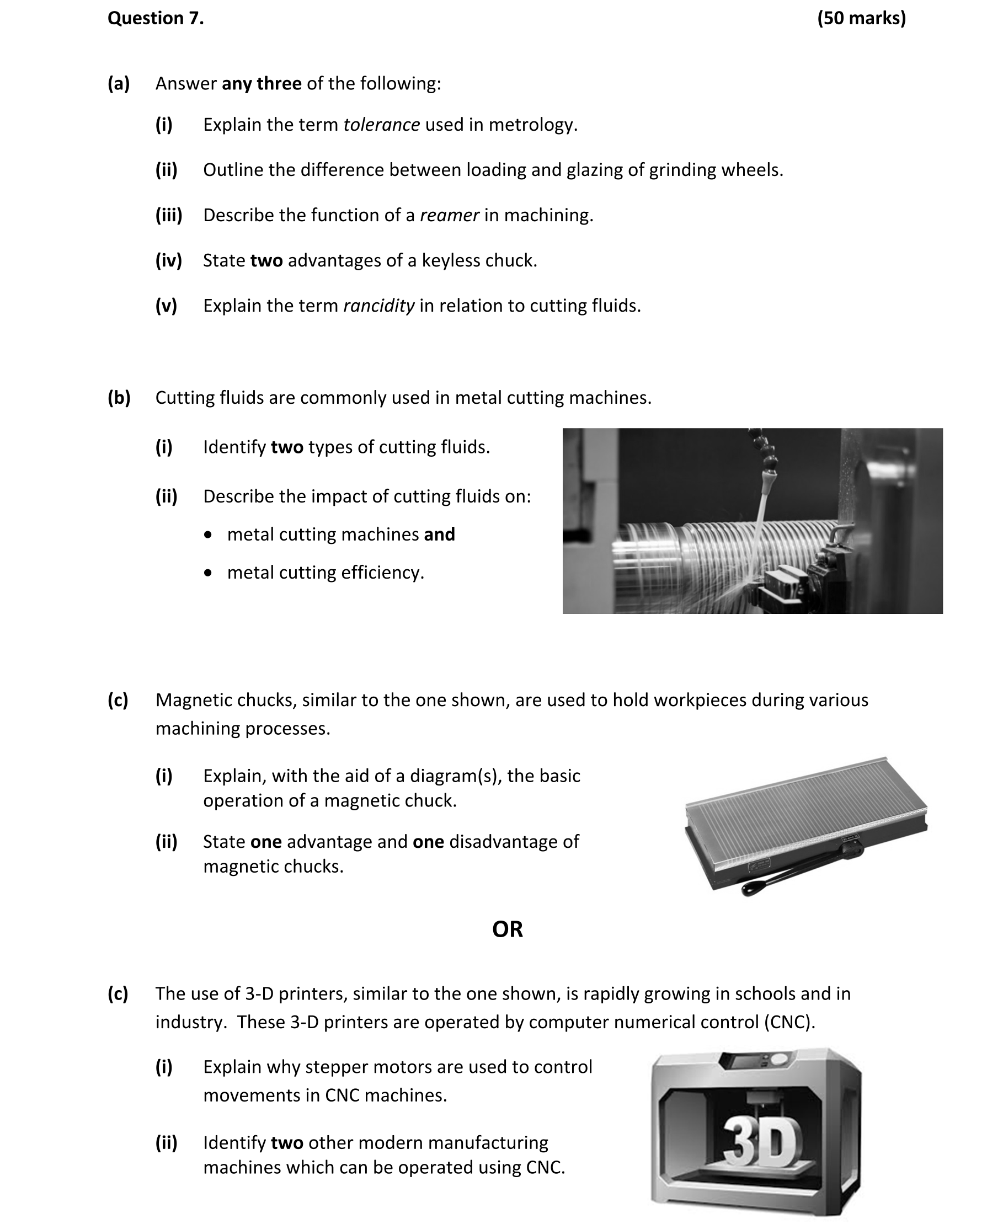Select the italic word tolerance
point(381,125)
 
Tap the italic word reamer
point(449,216)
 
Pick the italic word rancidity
point(378,306)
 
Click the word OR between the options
point(507,929)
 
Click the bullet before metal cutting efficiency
point(208,573)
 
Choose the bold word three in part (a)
point(280,84)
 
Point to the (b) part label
point(119,398)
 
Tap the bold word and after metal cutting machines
point(439,535)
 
